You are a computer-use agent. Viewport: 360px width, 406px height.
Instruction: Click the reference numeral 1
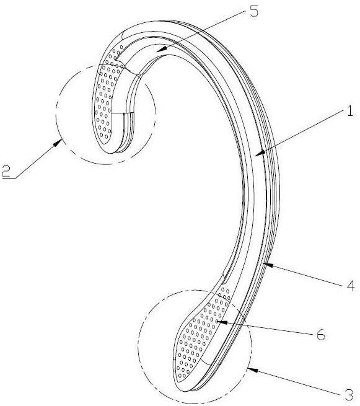click(x=349, y=112)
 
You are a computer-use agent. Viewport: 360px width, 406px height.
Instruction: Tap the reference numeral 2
click(x=6, y=172)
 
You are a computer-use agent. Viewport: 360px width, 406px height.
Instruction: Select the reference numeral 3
click(x=349, y=395)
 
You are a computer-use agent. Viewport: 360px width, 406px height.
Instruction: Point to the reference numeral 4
click(x=351, y=286)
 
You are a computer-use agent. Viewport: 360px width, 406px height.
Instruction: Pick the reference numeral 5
click(x=254, y=12)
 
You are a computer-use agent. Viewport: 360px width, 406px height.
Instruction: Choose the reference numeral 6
click(x=321, y=335)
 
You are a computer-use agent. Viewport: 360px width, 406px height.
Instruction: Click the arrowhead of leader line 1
click(x=259, y=154)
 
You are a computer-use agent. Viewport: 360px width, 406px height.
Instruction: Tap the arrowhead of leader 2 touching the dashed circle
click(x=58, y=143)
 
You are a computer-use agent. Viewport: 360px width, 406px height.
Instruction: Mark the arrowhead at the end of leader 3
click(x=253, y=370)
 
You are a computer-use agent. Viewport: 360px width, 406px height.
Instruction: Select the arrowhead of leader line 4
click(x=268, y=265)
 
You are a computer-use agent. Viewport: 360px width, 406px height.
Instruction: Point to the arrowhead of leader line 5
click(x=161, y=49)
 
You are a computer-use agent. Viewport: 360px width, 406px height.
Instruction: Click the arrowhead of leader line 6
click(x=222, y=322)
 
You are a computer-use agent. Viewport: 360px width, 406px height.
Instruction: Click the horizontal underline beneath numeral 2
click(x=9, y=178)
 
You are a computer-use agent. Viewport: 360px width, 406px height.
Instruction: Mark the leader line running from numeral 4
click(x=305, y=275)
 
